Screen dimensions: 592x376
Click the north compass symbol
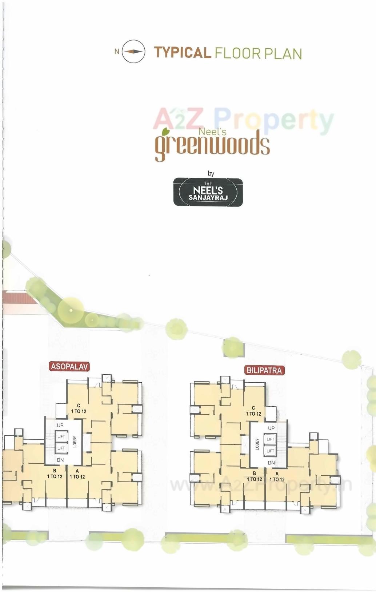click(x=133, y=52)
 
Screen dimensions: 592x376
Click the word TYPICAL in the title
click(x=182, y=53)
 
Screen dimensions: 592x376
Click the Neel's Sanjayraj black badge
click(x=208, y=192)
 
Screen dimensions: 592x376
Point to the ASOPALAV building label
click(x=69, y=366)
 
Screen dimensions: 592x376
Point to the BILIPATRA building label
click(x=264, y=370)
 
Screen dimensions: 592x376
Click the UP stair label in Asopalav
click(x=60, y=425)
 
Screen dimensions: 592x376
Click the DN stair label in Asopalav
click(x=60, y=460)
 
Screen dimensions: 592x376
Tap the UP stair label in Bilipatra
click(x=271, y=428)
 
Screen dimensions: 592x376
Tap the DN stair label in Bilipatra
click(x=271, y=463)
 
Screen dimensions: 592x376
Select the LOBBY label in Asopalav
click(x=75, y=442)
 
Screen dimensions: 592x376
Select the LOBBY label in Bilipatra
click(x=257, y=444)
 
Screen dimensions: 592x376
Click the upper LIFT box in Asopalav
click(x=61, y=436)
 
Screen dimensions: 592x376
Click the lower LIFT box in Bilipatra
click(x=270, y=451)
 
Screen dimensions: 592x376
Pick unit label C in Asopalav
click(x=79, y=406)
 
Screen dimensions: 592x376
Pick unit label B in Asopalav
click(x=55, y=471)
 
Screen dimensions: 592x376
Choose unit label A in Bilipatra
click(x=277, y=474)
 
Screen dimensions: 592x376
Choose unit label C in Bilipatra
click(x=253, y=408)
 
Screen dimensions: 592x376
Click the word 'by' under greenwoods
click(x=211, y=173)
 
